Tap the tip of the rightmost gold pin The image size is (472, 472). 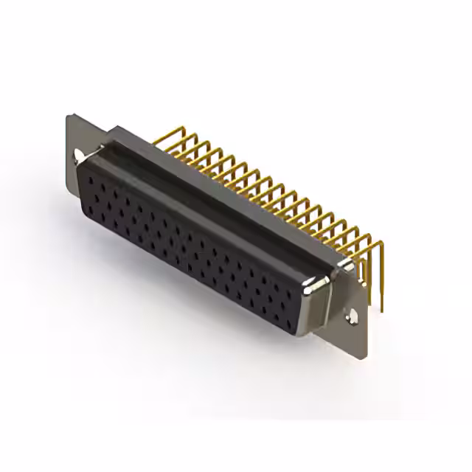coord(383,310)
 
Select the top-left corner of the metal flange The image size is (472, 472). coord(68,115)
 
